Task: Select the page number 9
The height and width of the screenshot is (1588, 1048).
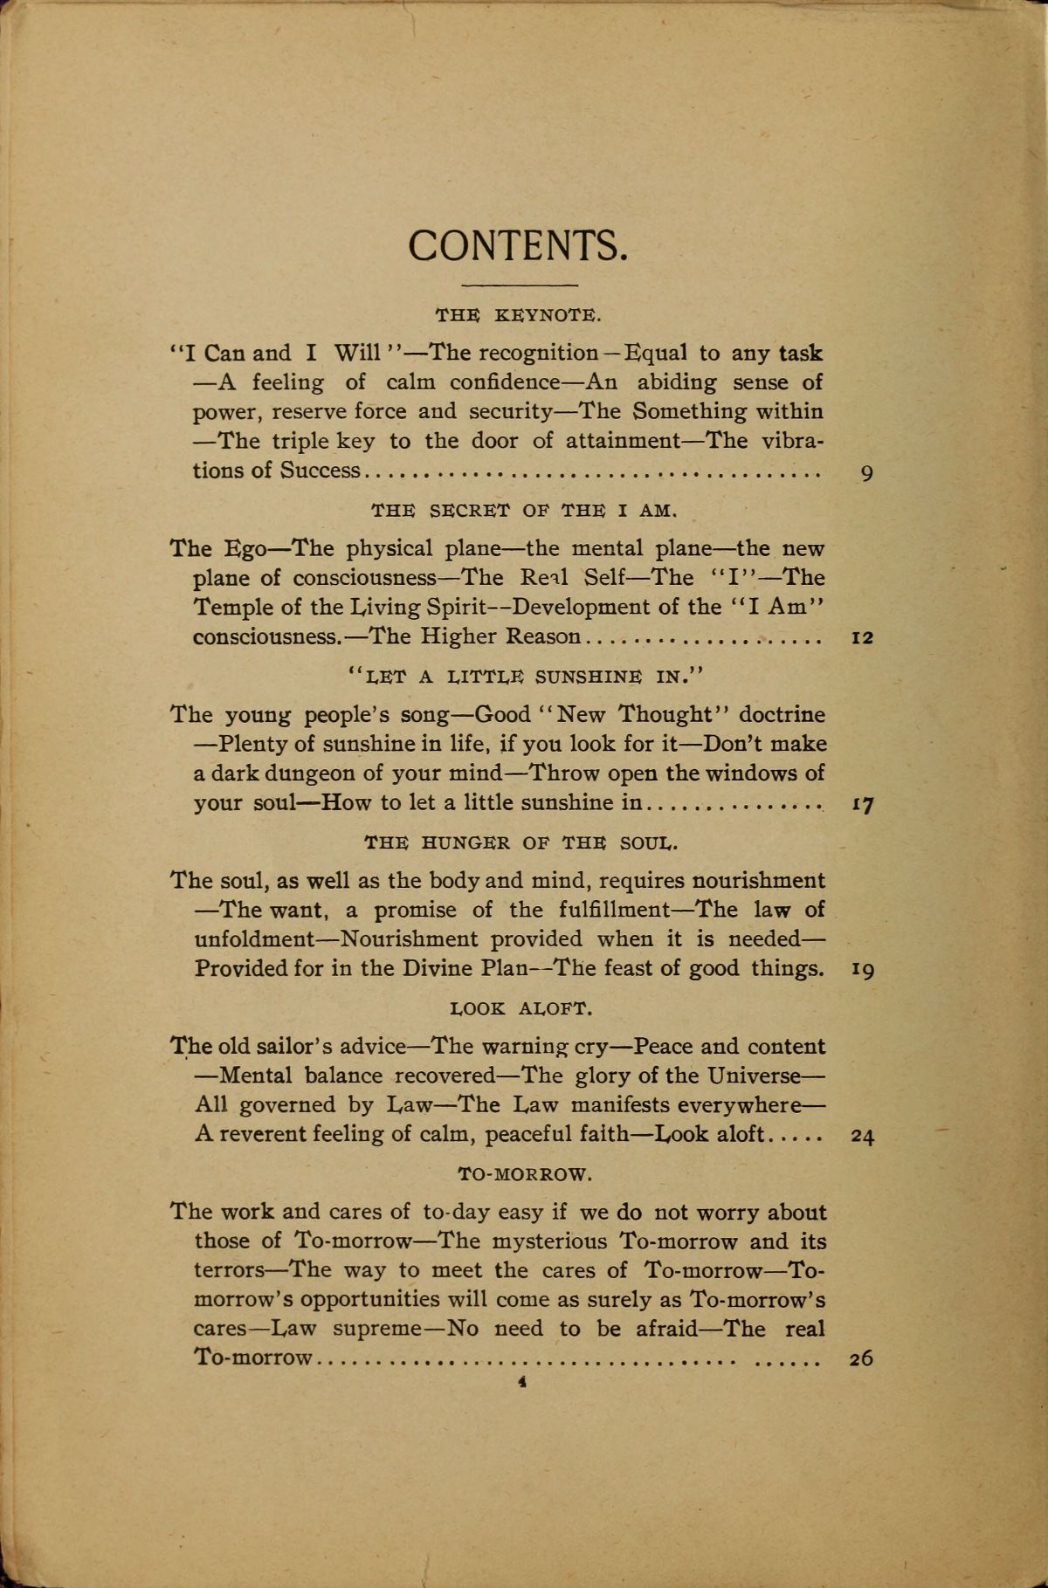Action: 866,474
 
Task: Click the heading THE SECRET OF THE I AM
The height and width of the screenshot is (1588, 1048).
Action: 522,509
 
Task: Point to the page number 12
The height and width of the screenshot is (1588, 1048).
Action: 862,638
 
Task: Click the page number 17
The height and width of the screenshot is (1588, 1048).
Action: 863,805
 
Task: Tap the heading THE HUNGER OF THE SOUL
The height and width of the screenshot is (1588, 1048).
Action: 521,842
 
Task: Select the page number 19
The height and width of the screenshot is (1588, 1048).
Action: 863,970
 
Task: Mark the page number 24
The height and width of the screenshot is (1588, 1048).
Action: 862,1137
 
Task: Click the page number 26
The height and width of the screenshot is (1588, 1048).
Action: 862,1359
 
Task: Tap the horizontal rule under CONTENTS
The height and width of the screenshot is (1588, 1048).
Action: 519,285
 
